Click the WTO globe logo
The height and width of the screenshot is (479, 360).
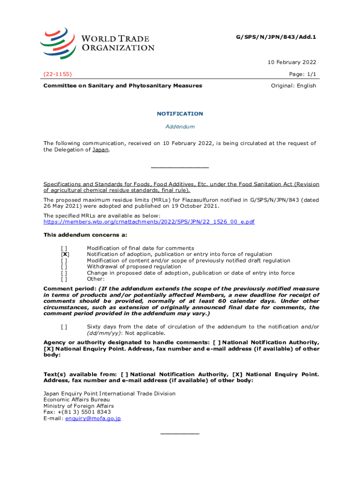58,43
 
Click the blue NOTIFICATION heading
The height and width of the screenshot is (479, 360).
180,114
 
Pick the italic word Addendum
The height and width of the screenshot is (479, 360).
180,127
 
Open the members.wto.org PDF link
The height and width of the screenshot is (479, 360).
149,222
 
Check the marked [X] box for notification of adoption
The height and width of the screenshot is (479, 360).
65,254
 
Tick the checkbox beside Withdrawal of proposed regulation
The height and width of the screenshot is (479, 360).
65,267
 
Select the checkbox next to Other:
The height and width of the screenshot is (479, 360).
65,279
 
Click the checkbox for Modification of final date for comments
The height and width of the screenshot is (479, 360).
65,248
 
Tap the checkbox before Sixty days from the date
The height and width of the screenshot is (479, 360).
65,327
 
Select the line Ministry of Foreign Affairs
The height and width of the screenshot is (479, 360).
79,406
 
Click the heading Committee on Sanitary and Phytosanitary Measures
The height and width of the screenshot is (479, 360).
123,86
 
